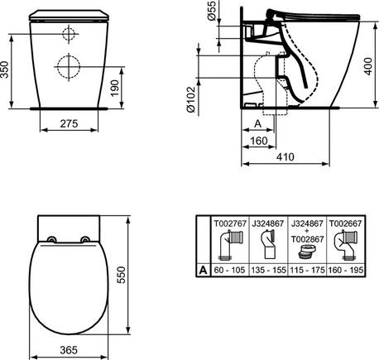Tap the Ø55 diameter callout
pyautogui.click(x=209, y=16)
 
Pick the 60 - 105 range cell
pyautogui.click(x=229, y=269)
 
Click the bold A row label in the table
pyautogui.click(x=200, y=269)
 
